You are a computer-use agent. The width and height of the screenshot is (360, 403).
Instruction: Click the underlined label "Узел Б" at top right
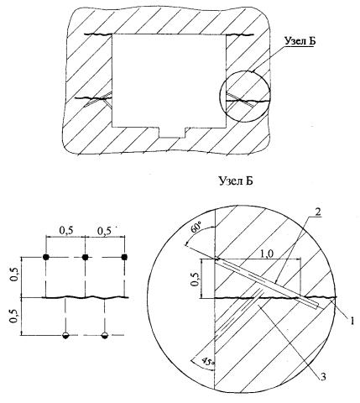click(300, 41)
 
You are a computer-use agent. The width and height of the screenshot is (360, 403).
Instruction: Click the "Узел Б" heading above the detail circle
click(236, 181)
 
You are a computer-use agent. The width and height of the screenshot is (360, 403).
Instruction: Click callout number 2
click(317, 212)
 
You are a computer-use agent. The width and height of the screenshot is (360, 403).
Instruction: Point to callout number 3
click(323, 377)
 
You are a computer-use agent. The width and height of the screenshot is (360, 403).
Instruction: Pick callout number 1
click(352, 321)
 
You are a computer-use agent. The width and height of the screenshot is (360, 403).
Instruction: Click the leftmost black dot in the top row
click(46, 257)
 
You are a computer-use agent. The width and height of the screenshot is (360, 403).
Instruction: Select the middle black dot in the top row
click(85, 257)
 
